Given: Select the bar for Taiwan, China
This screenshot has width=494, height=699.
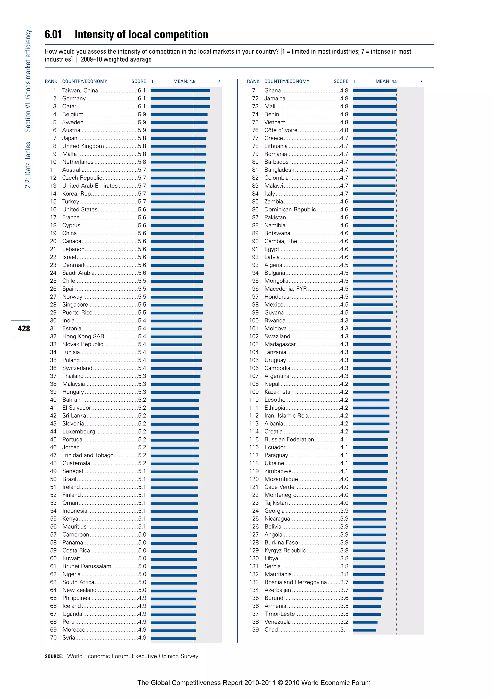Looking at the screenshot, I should (x=180, y=91).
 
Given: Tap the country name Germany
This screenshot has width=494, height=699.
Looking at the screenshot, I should (x=74, y=98).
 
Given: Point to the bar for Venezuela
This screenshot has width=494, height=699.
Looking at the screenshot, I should (x=365, y=622).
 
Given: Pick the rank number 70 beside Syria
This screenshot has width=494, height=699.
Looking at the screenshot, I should (x=53, y=637).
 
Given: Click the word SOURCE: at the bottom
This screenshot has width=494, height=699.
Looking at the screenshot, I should (x=54, y=656).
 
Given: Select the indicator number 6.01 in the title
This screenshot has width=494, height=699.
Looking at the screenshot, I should (x=53, y=35).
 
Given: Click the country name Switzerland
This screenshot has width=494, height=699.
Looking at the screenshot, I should (x=77, y=368).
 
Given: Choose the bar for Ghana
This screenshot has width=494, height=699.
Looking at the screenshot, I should (x=374, y=91).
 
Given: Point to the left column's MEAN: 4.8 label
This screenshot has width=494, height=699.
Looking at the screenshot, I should (x=184, y=81).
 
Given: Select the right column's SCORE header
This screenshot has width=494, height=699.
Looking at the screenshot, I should (x=341, y=81).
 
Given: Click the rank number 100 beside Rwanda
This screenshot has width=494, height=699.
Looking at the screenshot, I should (x=254, y=321).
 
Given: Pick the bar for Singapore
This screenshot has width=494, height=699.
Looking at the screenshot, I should (x=176, y=305).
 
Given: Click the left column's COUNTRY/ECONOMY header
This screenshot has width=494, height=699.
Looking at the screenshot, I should (x=85, y=81).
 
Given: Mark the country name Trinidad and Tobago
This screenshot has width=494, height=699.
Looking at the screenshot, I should (x=88, y=455).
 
